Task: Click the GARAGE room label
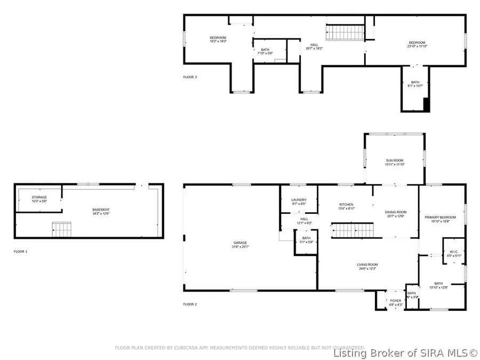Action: coord(239,243)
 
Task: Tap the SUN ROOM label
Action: coord(395,160)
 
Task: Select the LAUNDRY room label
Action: coord(299,199)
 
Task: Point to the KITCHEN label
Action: coord(346,204)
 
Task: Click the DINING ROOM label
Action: coord(395,212)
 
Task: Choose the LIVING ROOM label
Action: coord(367,265)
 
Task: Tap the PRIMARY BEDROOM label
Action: coord(440,217)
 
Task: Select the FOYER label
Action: coord(395,300)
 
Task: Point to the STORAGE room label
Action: coord(39,197)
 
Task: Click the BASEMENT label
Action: coord(101,210)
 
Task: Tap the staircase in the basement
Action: coord(61,230)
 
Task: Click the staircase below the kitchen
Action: coord(348,231)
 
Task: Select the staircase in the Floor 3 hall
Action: coord(345,31)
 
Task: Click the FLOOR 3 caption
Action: coord(190,77)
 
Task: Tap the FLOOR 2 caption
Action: coord(190,304)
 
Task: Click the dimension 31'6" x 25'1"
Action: coord(239,247)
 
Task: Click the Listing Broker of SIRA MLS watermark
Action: coord(405,353)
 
